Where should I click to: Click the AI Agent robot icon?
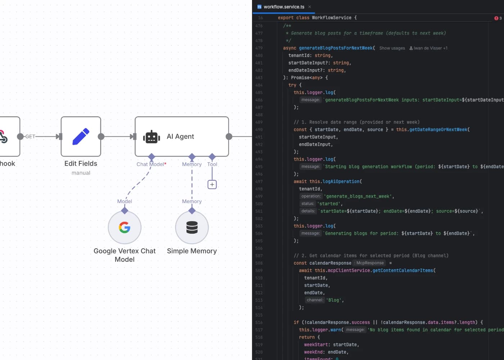point(152,137)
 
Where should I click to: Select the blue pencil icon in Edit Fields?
point(81,136)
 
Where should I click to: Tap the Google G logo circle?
point(125,228)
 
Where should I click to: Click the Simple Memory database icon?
point(192,228)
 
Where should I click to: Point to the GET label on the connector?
point(30,136)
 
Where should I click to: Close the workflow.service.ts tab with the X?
point(310,7)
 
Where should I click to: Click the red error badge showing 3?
point(498,18)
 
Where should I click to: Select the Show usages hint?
point(392,48)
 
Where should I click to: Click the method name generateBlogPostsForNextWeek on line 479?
point(336,48)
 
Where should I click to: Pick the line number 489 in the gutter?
point(259,122)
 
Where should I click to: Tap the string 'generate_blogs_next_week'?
point(359,197)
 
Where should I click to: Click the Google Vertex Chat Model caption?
point(125,255)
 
